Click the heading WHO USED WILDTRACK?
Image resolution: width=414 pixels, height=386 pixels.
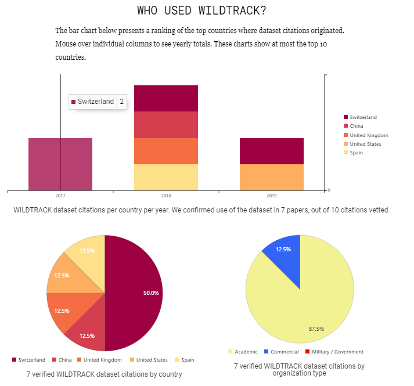206,10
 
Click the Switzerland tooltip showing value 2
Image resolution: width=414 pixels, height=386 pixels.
97,102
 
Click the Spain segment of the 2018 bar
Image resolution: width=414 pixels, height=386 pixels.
166,177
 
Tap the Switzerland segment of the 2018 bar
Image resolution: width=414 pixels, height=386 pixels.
166,98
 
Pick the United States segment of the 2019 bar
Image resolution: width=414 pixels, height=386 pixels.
272,177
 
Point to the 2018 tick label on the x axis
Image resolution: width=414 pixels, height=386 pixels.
166,196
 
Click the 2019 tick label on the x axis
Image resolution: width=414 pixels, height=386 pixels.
272,196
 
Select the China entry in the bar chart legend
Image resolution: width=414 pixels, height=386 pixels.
357,126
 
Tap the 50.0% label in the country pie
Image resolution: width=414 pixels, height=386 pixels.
151,293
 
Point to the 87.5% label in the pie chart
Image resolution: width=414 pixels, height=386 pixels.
316,329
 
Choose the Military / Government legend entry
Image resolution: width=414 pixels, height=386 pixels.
337,352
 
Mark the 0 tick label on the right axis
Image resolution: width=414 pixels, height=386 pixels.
329,190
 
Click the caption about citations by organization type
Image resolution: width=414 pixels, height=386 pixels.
299,370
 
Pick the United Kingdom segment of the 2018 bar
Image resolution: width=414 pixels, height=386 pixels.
166,151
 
